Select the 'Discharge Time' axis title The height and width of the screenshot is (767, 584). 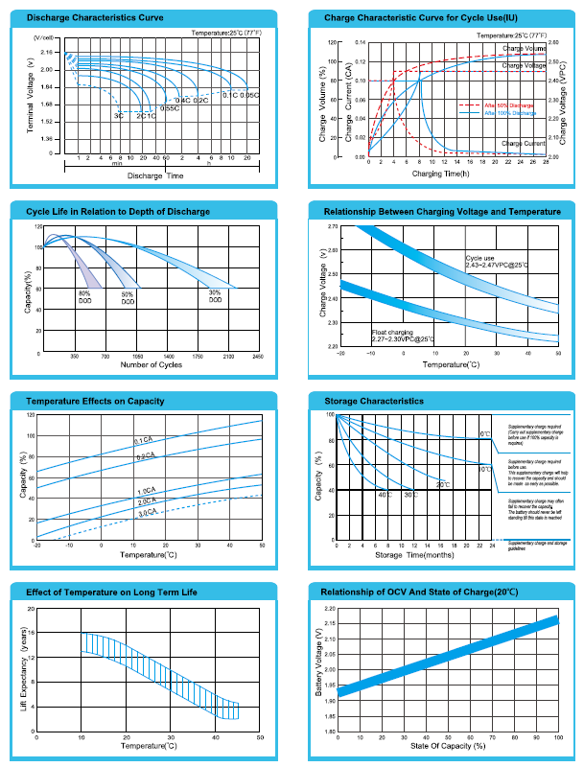click(x=154, y=176)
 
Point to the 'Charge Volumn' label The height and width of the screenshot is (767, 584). click(x=525, y=48)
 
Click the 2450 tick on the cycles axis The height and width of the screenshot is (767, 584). click(x=258, y=357)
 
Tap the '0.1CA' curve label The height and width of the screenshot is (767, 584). click(x=144, y=440)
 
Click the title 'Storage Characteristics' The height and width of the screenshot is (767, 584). click(x=374, y=401)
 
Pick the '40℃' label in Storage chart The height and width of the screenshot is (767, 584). click(x=384, y=494)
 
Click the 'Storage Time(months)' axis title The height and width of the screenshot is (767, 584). click(x=414, y=555)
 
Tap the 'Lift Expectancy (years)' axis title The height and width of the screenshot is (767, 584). click(x=23, y=669)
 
